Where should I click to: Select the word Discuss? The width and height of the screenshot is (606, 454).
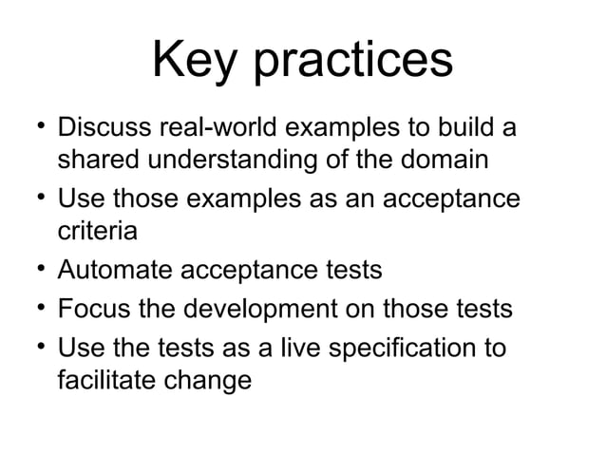[x=108, y=128]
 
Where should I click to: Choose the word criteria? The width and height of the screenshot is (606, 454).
[x=97, y=230]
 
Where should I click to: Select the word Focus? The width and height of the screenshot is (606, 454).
[x=93, y=310]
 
